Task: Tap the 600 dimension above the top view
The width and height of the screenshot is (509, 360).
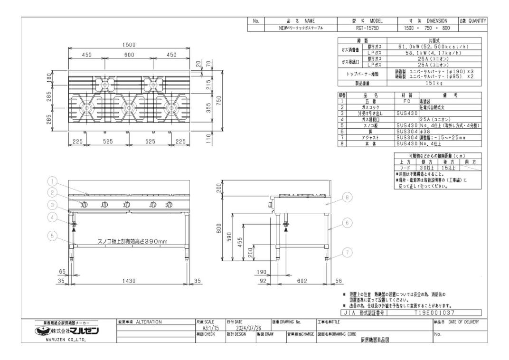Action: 129,55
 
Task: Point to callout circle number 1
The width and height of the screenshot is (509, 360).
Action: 53,181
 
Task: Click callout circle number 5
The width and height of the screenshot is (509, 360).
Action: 53,235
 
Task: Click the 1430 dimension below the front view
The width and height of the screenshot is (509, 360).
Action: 129,281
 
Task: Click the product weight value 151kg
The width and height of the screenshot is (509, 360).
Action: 434,84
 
